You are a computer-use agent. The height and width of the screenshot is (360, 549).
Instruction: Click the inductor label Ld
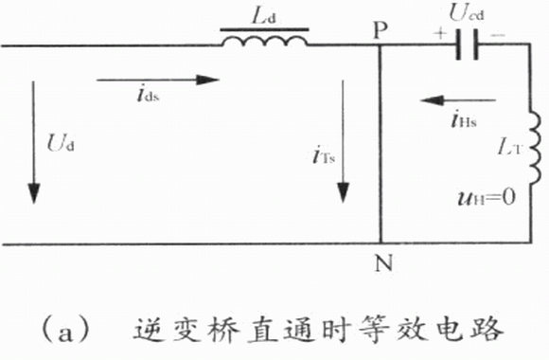(264, 16)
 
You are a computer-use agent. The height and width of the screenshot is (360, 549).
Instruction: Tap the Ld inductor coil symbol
(265, 41)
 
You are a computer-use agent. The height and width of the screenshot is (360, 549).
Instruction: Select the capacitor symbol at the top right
(467, 45)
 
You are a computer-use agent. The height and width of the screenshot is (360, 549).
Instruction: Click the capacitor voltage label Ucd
(467, 13)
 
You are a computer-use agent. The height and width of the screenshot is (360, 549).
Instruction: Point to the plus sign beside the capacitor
(440, 33)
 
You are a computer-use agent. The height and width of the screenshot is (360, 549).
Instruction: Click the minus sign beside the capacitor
(498, 34)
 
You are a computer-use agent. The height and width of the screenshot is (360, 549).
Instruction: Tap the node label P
(381, 30)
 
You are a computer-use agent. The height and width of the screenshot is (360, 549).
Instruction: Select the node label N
(383, 263)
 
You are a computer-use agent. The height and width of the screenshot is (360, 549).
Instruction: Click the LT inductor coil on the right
(534, 148)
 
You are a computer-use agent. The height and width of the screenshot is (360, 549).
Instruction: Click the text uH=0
(487, 198)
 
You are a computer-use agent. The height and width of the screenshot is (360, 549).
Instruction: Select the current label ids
(148, 94)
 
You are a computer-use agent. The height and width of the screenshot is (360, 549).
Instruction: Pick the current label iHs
(464, 119)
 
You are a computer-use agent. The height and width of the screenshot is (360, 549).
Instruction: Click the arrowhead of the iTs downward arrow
(343, 192)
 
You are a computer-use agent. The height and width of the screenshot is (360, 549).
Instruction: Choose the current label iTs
(324, 155)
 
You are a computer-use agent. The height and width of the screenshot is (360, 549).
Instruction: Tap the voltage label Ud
(61, 143)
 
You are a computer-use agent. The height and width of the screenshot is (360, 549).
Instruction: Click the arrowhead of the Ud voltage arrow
(34, 193)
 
